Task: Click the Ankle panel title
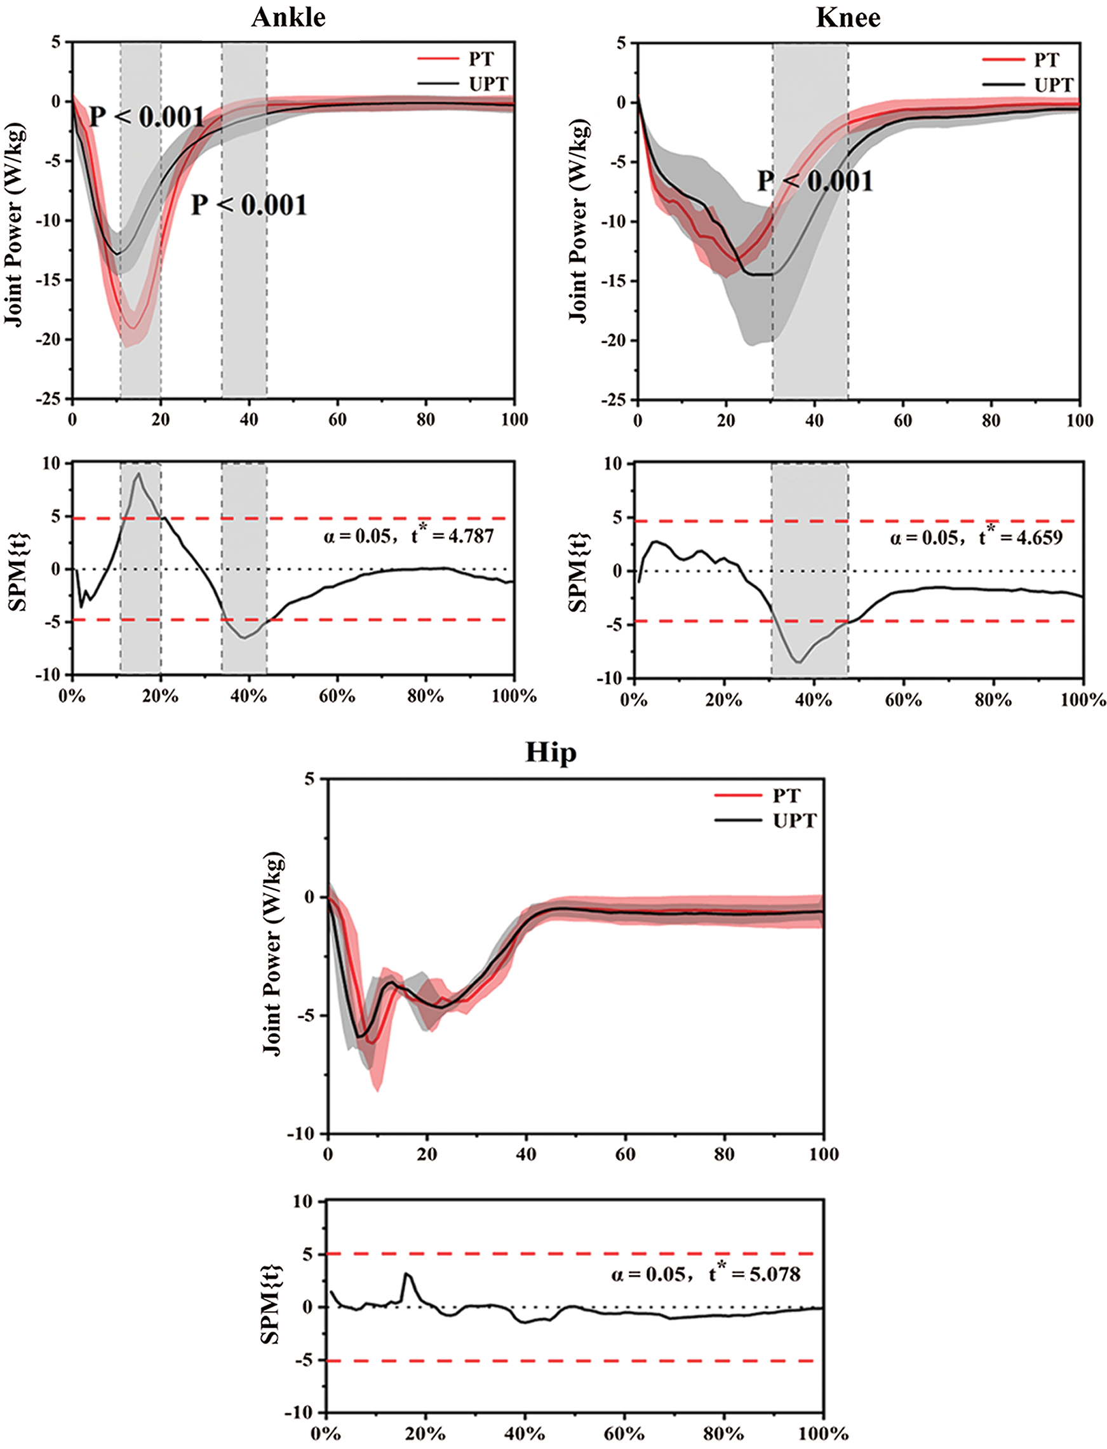(288, 18)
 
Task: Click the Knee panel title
(847, 18)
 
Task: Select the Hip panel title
(550, 752)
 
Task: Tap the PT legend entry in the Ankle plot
(480, 59)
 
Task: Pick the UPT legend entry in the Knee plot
(1053, 86)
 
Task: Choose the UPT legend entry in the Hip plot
(794, 820)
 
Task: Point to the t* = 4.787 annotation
(452, 536)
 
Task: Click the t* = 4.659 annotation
(1020, 537)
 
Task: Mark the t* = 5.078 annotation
(755, 1274)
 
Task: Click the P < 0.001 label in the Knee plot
(814, 181)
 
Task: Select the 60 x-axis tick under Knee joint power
(902, 421)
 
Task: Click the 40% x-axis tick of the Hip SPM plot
(525, 1434)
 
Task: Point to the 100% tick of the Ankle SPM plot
(514, 696)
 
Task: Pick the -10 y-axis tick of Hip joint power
(302, 1133)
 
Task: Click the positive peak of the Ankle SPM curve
(138, 473)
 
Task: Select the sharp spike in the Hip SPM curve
(406, 1274)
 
